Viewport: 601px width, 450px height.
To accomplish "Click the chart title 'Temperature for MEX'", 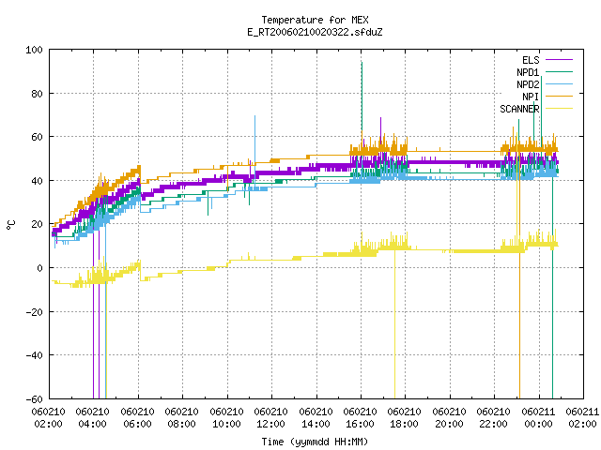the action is click(315, 20).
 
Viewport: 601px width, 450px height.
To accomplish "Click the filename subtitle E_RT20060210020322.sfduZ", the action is click(315, 32).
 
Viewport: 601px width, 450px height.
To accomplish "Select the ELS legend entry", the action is click(547, 60).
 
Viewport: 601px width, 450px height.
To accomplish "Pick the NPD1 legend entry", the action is click(545, 72).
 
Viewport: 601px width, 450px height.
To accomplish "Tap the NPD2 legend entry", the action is click(545, 84).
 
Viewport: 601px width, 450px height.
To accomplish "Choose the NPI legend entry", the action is click(547, 97).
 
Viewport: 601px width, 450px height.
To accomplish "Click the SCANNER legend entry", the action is click(536, 109).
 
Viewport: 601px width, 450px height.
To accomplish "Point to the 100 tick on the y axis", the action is click(35, 50).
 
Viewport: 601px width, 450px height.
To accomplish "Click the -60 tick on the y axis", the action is click(35, 399).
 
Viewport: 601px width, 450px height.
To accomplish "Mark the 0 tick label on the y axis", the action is click(39, 268).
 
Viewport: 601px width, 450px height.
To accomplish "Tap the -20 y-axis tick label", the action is click(35, 312).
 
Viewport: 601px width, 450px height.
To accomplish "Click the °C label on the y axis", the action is click(10, 225).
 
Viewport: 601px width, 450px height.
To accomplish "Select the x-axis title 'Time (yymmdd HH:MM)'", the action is click(315, 442).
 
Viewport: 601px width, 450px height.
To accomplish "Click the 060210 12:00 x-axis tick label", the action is click(271, 418).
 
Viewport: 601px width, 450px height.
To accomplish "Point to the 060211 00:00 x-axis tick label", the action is click(538, 418).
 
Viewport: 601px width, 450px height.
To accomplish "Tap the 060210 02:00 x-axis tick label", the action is click(49, 418).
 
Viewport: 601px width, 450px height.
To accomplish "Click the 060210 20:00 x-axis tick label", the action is click(449, 418).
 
